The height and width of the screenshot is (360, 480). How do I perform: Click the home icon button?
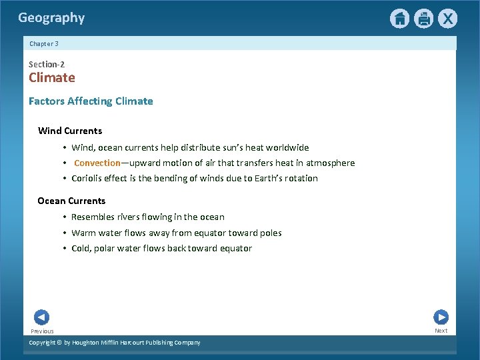pos(399,19)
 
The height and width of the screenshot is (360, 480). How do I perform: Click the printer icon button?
pos(423,19)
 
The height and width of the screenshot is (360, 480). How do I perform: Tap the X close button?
pos(447,19)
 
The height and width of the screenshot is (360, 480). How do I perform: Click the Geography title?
pos(51,18)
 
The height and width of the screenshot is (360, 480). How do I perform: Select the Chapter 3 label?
pos(44,43)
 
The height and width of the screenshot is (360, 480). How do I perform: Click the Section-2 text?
pos(47,64)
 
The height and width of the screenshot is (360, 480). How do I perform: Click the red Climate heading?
pos(52,77)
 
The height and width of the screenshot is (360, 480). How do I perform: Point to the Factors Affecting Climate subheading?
pos(91,101)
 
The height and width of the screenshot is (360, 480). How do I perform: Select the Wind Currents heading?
pos(70,131)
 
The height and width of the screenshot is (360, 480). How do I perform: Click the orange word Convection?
pos(97,163)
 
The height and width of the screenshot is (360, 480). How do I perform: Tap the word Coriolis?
pos(89,178)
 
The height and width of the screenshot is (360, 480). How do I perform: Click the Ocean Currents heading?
pos(71,201)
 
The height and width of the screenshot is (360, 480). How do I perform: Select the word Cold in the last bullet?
pos(81,248)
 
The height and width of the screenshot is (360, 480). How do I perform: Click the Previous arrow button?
pos(41,318)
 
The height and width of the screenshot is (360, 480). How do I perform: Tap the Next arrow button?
pos(441,317)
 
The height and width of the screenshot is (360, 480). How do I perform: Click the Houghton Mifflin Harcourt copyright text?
pos(115,342)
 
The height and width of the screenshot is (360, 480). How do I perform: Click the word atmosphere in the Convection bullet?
pos(330,163)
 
